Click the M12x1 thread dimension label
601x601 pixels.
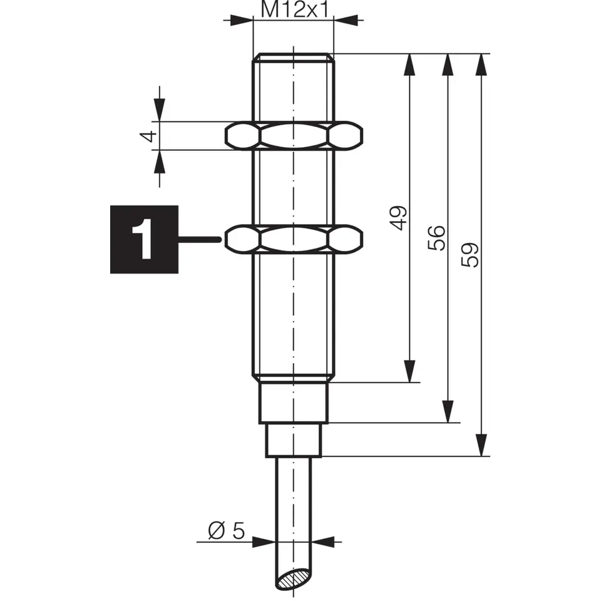click(x=295, y=9)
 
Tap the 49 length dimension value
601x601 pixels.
click(x=398, y=218)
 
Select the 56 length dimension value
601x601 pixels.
click(x=436, y=238)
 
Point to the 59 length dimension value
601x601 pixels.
click(x=470, y=255)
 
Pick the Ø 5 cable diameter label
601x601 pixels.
click(x=226, y=530)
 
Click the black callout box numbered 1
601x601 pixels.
click(x=144, y=240)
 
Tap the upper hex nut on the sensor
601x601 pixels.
click(x=294, y=136)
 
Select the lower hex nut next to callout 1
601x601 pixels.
click(x=294, y=240)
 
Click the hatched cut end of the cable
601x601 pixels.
click(x=294, y=578)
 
